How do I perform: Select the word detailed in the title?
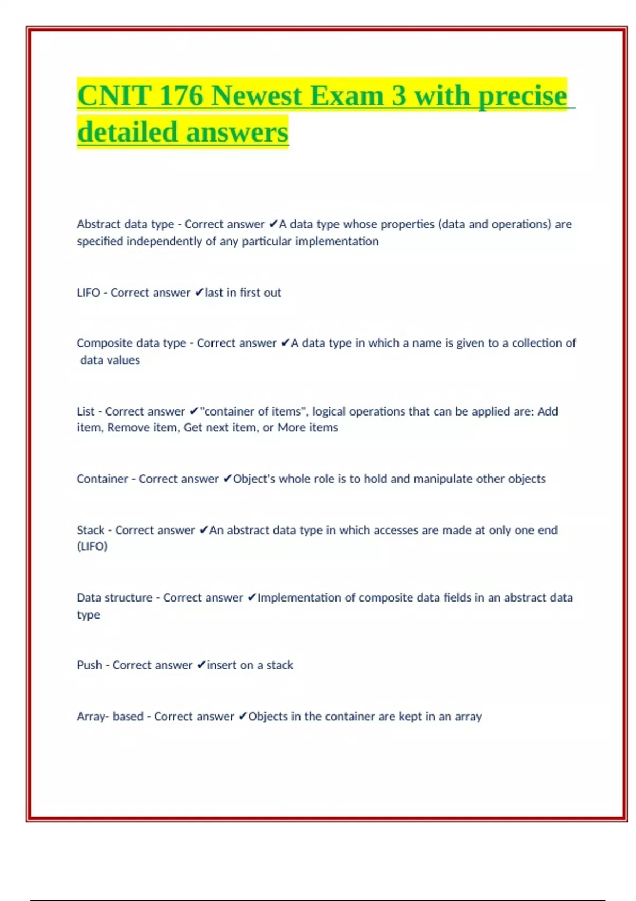[127, 132]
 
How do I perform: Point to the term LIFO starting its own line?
[88, 293]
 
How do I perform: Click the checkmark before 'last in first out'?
[199, 293]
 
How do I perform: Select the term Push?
[89, 665]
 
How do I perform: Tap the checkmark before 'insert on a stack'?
[201, 665]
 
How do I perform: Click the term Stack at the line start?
[91, 530]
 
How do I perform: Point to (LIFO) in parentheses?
[92, 546]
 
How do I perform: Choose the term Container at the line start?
[102, 479]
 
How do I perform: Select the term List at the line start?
[85, 411]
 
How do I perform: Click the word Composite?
[104, 343]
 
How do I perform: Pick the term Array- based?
[110, 716]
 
